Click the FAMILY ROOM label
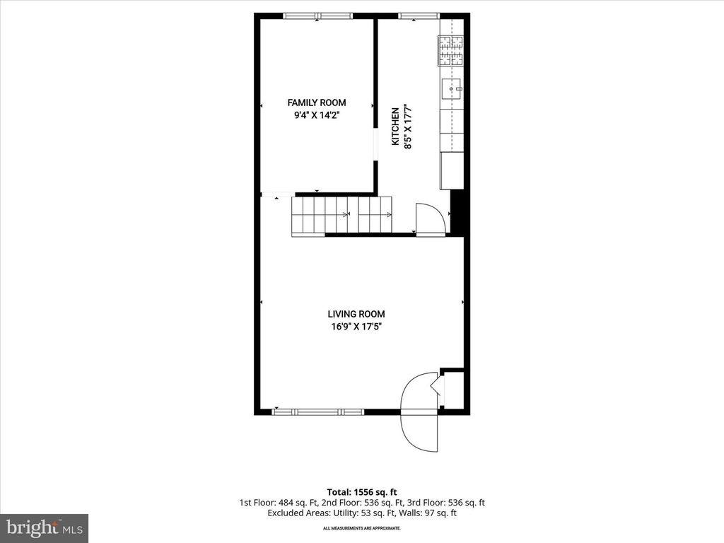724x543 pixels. [317, 103]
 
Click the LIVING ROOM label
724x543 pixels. [356, 314]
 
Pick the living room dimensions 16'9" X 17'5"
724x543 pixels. [356, 327]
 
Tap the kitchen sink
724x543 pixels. [452, 88]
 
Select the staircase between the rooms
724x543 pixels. [341, 214]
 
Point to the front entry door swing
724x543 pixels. [420, 414]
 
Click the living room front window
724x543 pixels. [318, 411]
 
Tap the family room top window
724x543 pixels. [317, 16]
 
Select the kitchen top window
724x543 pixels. [419, 16]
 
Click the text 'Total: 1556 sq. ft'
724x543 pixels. [361, 491]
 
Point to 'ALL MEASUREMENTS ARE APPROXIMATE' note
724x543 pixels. [361, 528]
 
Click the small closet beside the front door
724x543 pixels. [453, 389]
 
